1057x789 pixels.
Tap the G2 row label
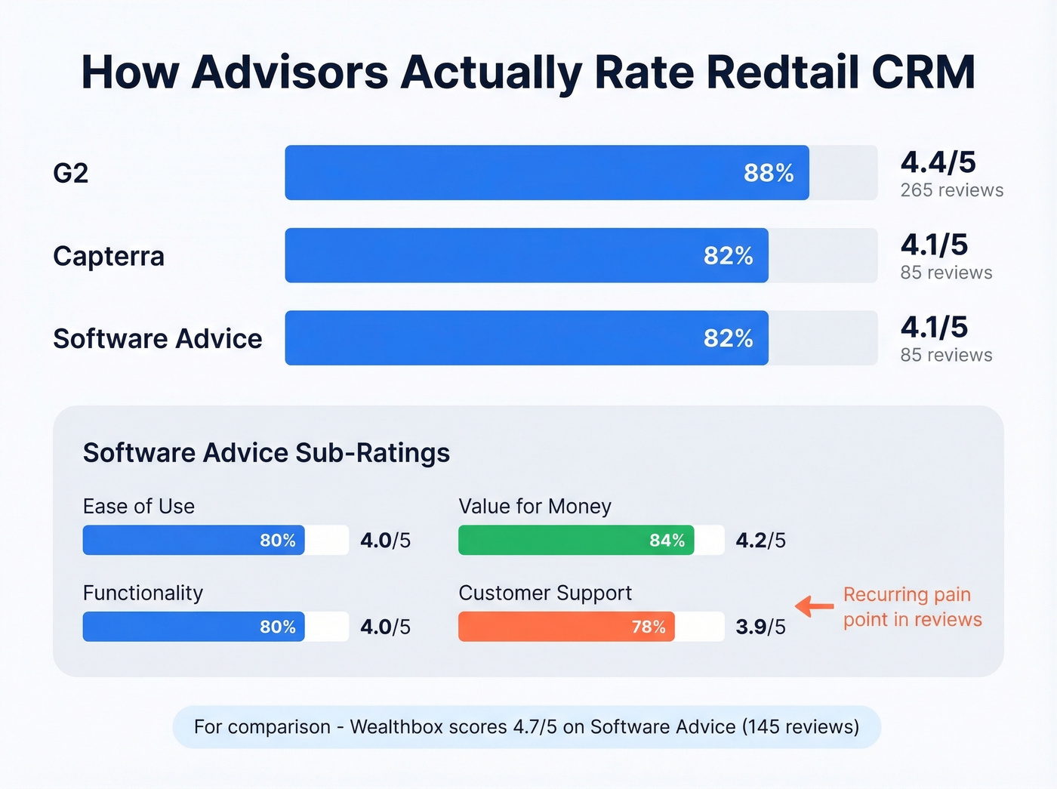coord(70,173)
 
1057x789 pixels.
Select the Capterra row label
coord(109,256)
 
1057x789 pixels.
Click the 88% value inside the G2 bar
coord(769,173)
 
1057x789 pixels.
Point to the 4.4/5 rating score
coord(938,162)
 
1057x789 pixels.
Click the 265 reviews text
coord(951,190)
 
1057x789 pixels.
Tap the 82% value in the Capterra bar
coord(728,256)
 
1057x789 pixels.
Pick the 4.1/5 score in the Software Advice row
coord(934,328)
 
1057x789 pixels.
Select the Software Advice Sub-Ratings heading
coord(266,453)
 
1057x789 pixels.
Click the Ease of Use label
coord(139,507)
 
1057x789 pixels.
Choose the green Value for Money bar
coord(575,541)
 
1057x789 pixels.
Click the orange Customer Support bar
coord(566,627)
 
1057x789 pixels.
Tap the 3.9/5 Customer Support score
coord(760,627)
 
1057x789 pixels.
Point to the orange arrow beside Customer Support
coord(814,606)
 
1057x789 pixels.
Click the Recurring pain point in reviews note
coord(912,607)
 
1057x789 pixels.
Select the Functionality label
coord(143,593)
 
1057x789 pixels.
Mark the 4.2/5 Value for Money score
coord(760,541)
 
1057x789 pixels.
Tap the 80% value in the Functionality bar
coord(277,627)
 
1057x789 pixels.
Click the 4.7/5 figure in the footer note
coord(535,727)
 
